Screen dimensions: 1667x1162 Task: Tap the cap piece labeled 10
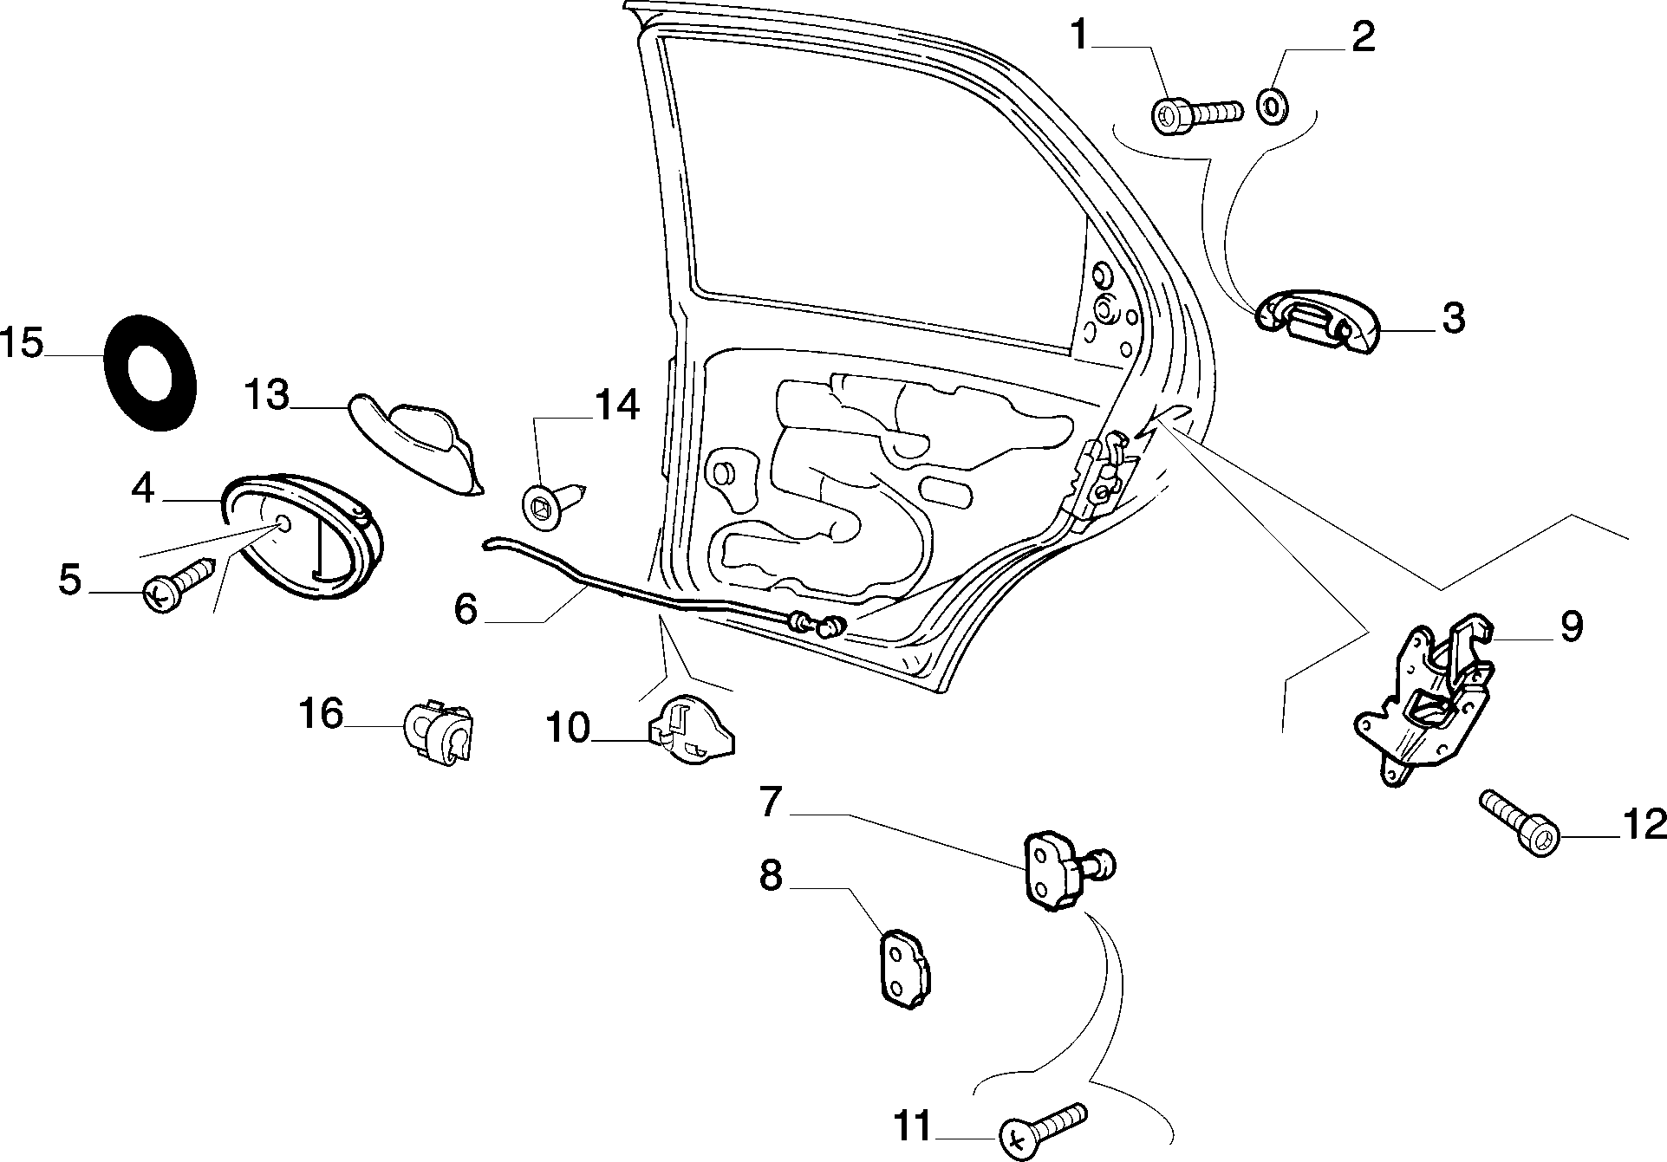pyautogui.click(x=691, y=730)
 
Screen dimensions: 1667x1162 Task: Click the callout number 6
pyautogui.click(x=466, y=609)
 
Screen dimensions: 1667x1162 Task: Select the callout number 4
pyautogui.click(x=143, y=490)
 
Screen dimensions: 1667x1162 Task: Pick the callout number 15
pyautogui.click(x=22, y=344)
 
